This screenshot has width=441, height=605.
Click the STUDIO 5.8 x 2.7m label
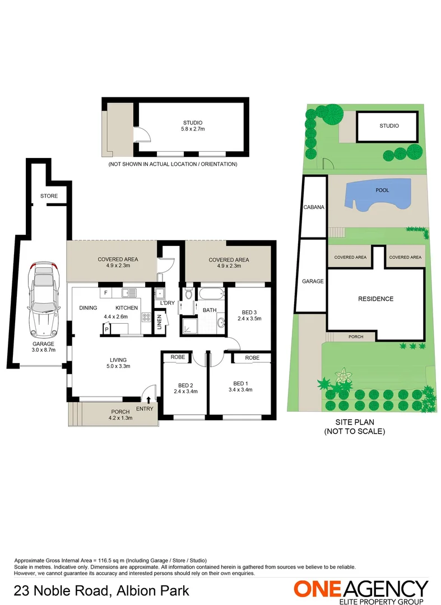click(x=192, y=126)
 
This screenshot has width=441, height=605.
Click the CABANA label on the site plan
click(x=314, y=207)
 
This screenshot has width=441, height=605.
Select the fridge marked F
click(x=105, y=292)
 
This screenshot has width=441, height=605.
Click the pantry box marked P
click(x=106, y=330)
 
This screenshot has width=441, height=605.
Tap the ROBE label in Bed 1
click(x=252, y=357)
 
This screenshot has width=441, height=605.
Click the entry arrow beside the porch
click(x=148, y=399)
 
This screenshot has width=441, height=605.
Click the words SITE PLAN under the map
click(x=355, y=422)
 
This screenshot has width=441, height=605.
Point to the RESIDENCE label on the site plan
click(x=375, y=299)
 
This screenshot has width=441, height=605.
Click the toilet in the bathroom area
click(x=189, y=294)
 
